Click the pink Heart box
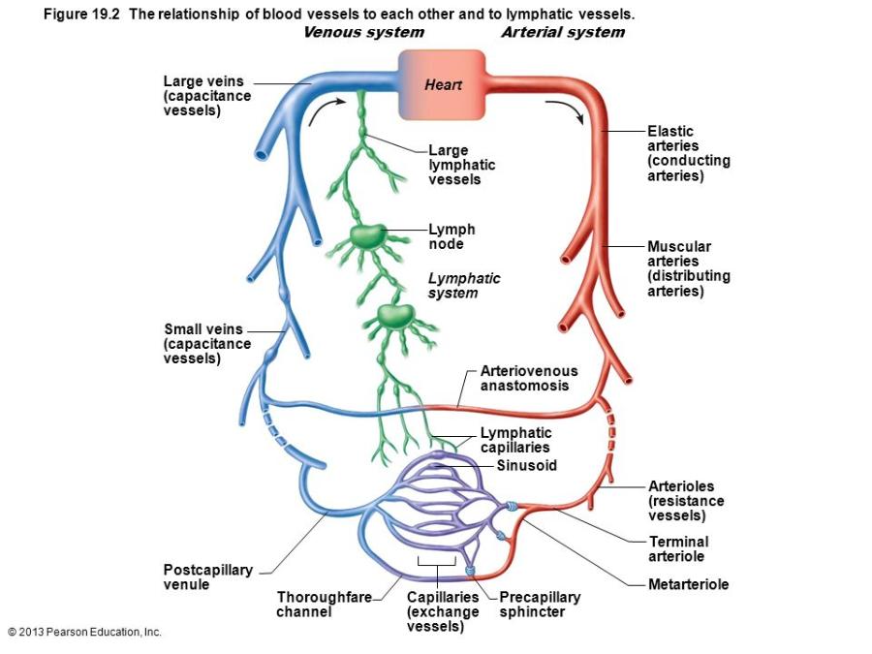click(x=442, y=84)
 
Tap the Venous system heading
click(x=363, y=32)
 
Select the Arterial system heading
click(x=563, y=32)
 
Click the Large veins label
click(x=206, y=96)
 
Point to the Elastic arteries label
click(x=688, y=153)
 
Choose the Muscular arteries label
click(x=688, y=268)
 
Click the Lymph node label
click(x=452, y=236)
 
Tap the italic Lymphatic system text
click(x=464, y=285)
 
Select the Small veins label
click(x=206, y=344)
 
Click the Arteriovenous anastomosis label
click(x=528, y=378)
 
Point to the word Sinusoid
click(x=526, y=466)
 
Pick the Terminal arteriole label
click(x=678, y=548)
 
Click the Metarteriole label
click(x=688, y=584)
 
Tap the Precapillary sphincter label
click(x=539, y=605)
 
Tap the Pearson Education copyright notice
click(x=84, y=632)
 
